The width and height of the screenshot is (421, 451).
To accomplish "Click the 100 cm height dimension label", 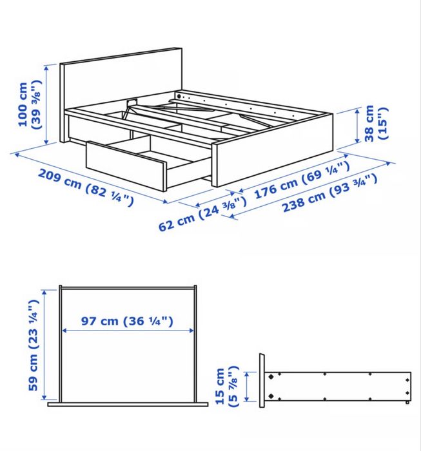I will (x=30, y=104).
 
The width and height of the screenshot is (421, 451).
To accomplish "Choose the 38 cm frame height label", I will (x=375, y=124).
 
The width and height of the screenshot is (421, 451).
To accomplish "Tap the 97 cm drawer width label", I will (x=128, y=320).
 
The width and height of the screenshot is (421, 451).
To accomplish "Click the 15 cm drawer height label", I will (x=226, y=387).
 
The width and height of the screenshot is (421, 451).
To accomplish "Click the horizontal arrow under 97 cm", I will (x=128, y=331).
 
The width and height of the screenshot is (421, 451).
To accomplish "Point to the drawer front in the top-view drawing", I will (x=128, y=405).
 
